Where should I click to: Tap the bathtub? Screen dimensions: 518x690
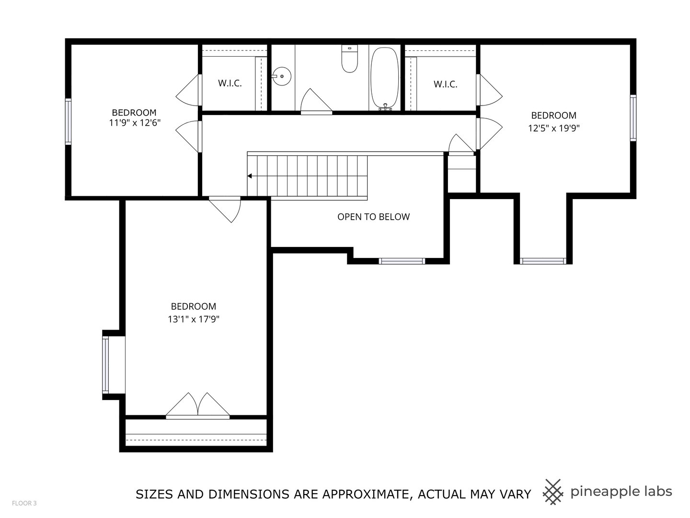click(384, 78)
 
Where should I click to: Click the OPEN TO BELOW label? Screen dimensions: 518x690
click(373, 217)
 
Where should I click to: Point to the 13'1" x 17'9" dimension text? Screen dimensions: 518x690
click(193, 319)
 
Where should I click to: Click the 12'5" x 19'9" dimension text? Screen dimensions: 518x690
click(554, 128)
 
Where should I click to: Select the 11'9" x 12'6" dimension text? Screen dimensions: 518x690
click(134, 123)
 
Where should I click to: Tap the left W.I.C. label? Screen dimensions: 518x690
click(230, 83)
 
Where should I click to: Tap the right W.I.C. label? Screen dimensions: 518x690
click(446, 84)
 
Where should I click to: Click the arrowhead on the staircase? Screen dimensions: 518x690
click(250, 176)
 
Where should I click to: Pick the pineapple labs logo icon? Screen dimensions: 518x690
click(553, 492)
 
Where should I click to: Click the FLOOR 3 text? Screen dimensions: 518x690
click(24, 503)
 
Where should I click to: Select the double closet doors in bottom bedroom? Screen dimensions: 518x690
click(198, 406)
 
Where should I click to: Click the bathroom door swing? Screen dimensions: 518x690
click(314, 102)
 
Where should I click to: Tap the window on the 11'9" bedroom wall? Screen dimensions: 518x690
click(68, 121)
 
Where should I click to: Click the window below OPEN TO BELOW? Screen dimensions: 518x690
click(402, 261)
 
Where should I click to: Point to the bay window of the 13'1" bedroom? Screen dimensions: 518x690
click(105, 365)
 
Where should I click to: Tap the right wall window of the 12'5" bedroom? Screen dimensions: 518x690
click(633, 118)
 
